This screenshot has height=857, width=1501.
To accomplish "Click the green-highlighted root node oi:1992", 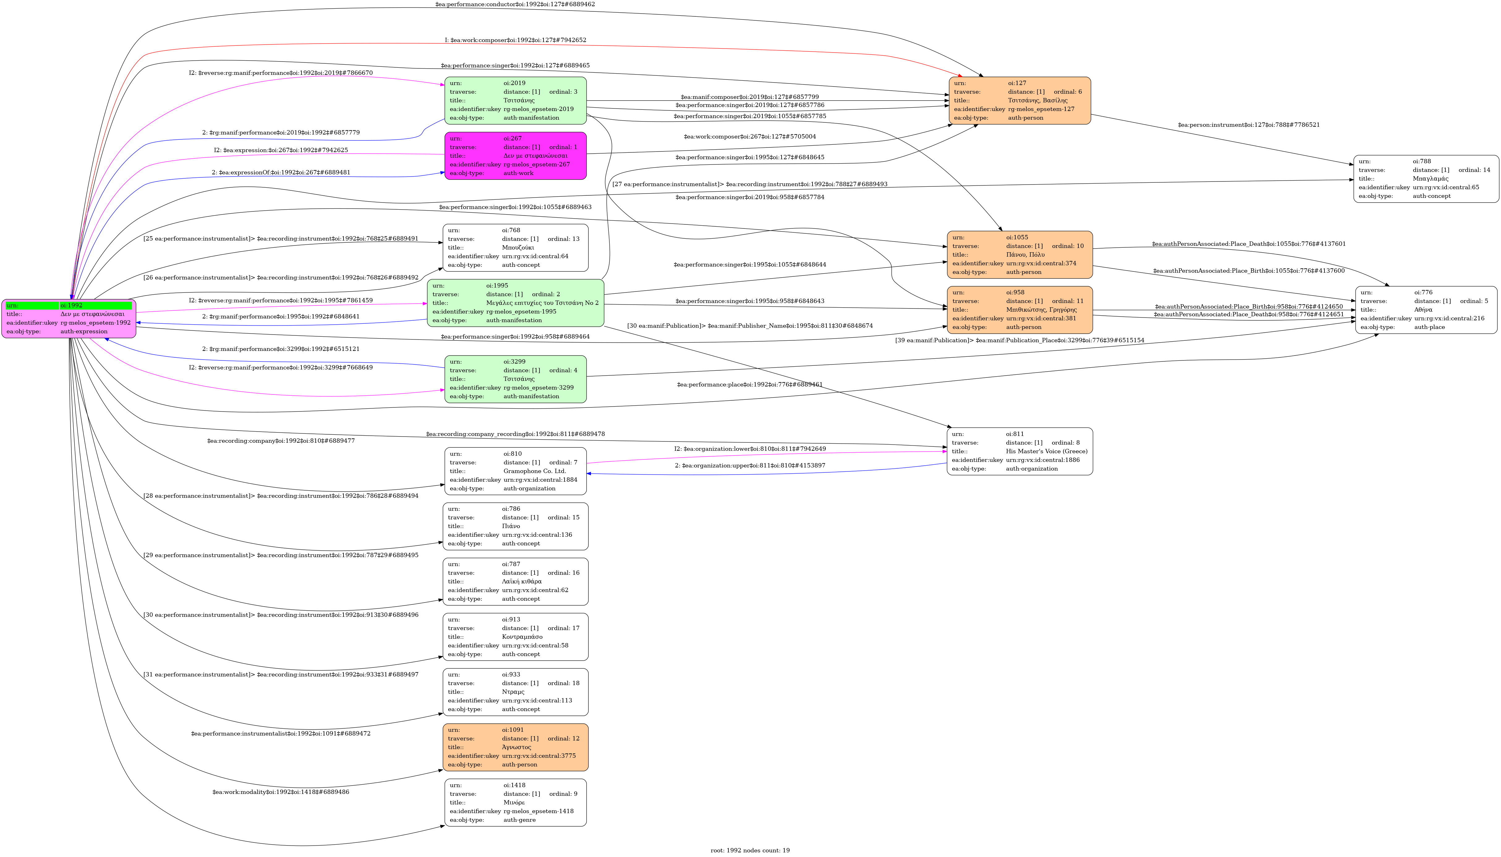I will [x=69, y=318].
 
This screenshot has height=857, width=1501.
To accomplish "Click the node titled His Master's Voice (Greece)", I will [x=1020, y=451].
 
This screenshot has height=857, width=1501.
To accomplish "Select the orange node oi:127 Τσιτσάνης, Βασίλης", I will [x=1020, y=101].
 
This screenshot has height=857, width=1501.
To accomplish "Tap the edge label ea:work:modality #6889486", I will [x=281, y=792].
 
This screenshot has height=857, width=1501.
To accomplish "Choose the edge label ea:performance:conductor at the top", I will [x=515, y=4].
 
